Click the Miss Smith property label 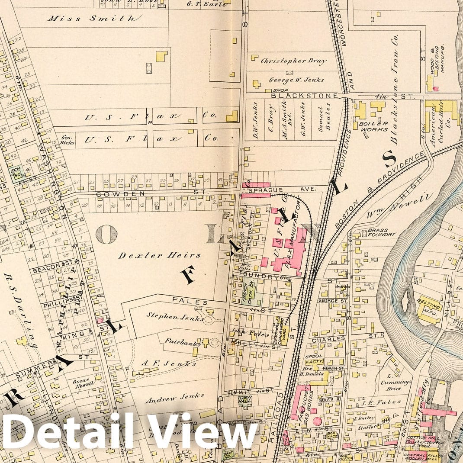pos(94,18)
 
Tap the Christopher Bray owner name pos(293,61)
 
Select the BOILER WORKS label pos(373,126)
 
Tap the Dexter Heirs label pos(160,255)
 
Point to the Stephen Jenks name pos(175,318)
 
